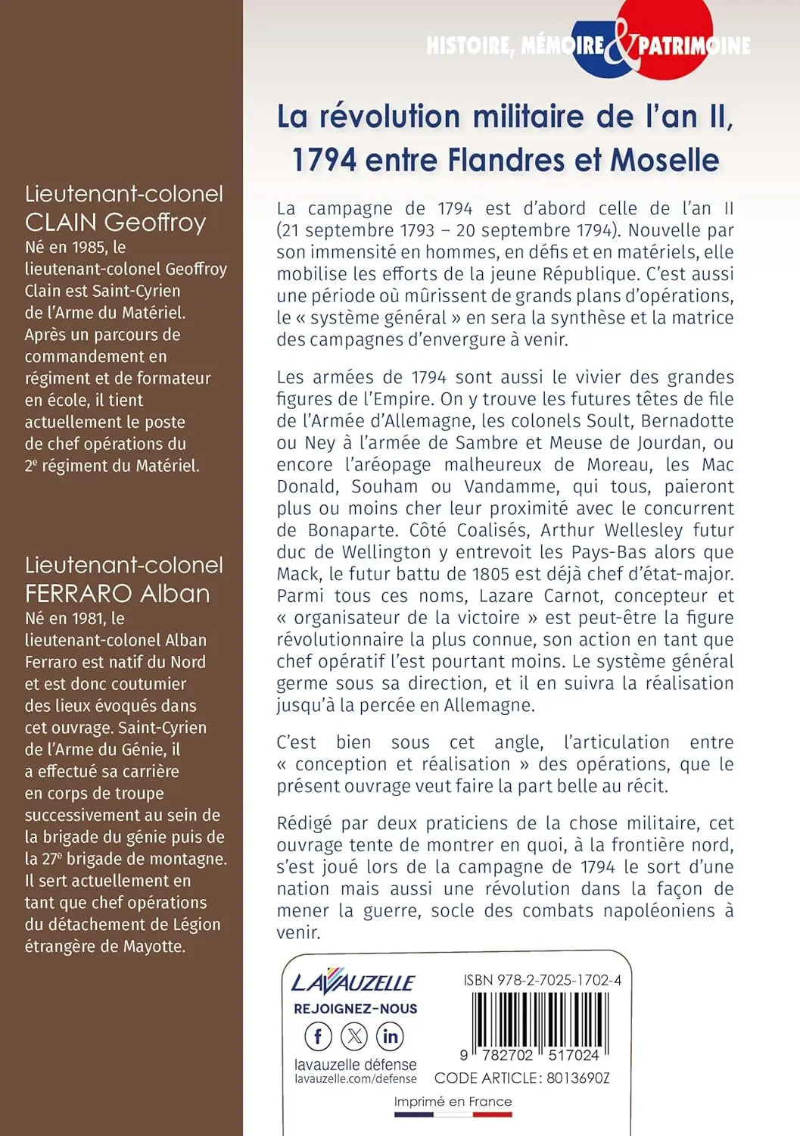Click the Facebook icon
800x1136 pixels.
(x=318, y=1036)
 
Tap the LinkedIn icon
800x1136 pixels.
(x=390, y=1036)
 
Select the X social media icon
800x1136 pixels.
(x=354, y=1036)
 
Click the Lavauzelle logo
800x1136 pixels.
(x=353, y=982)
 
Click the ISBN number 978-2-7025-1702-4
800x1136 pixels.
(x=559, y=980)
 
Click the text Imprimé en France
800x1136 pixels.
(x=453, y=1102)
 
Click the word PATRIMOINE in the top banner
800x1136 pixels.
(x=694, y=46)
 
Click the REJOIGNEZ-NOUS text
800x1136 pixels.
(x=356, y=1009)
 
